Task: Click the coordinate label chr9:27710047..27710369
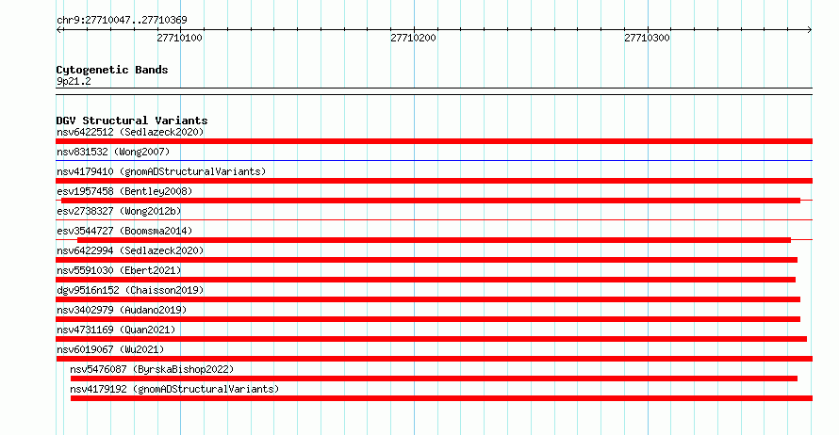pyautogui.click(x=122, y=21)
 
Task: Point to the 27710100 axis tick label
pyautogui.click(x=180, y=38)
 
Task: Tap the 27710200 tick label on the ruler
pyautogui.click(x=414, y=38)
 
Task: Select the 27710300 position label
pyautogui.click(x=647, y=38)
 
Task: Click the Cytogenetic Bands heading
pyautogui.click(x=112, y=70)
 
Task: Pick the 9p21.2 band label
pyautogui.click(x=74, y=81)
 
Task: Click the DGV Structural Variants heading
pyautogui.click(x=132, y=121)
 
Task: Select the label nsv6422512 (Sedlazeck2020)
pyautogui.click(x=130, y=132)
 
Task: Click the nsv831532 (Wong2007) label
pyautogui.click(x=113, y=152)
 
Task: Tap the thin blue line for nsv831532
pyautogui.click(x=434, y=160)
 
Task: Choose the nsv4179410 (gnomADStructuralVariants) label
pyautogui.click(x=161, y=171)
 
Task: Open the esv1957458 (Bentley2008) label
pyautogui.click(x=124, y=191)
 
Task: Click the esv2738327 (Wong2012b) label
pyautogui.click(x=119, y=211)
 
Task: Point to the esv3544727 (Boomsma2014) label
pyautogui.click(x=124, y=231)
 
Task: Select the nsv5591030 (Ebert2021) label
pyautogui.click(x=119, y=270)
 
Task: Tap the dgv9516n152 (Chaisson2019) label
pyautogui.click(x=130, y=290)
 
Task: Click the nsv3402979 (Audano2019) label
pyautogui.click(x=122, y=310)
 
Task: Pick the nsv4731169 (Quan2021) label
pyautogui.click(x=116, y=330)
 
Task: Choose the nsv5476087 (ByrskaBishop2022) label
pyautogui.click(x=152, y=369)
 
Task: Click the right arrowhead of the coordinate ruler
pyautogui.click(x=811, y=30)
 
